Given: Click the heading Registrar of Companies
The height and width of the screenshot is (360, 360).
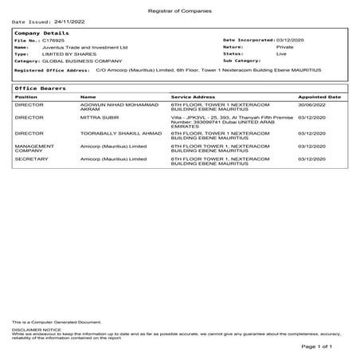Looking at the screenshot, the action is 180,7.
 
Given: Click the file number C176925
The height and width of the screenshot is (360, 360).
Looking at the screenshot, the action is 53,40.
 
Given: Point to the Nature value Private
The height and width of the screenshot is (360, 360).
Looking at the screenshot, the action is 284,47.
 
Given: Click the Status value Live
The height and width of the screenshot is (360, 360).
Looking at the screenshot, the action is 280,53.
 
